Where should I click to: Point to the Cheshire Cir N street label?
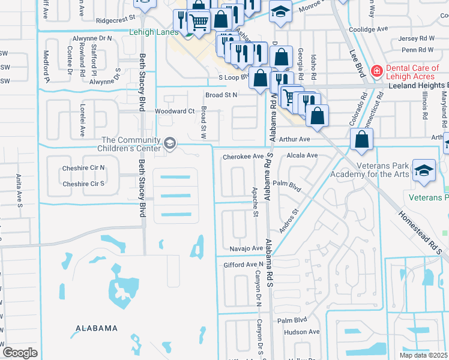coord(83,167)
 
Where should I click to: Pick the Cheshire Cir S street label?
coord(83,184)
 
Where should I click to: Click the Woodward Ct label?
coord(175,111)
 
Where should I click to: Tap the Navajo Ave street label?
coord(246,248)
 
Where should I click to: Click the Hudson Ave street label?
coord(302,332)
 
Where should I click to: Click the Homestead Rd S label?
coord(420,232)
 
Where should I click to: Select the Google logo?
coord(20,353)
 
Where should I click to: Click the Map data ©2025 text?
coord(424,355)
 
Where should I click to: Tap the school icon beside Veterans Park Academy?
coord(424,170)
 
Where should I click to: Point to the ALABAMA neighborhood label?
coord(96,328)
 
